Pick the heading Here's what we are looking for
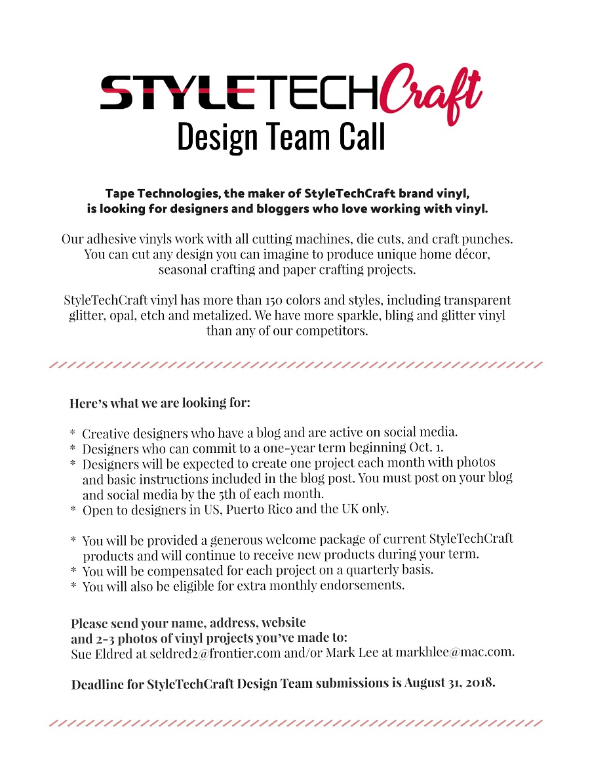[160, 402]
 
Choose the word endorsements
[354, 585]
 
